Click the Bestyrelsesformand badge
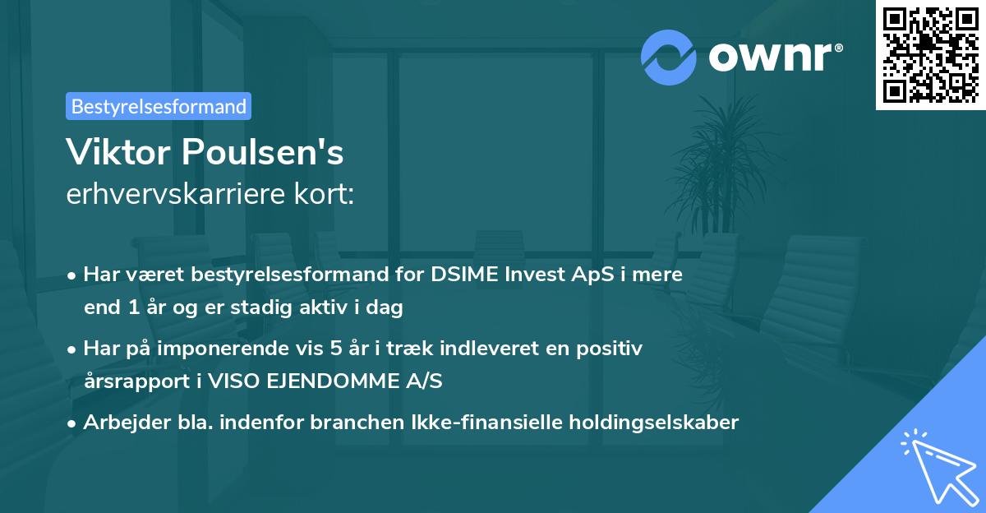[159, 106]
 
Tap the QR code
[930, 54]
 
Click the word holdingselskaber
[650, 423]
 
